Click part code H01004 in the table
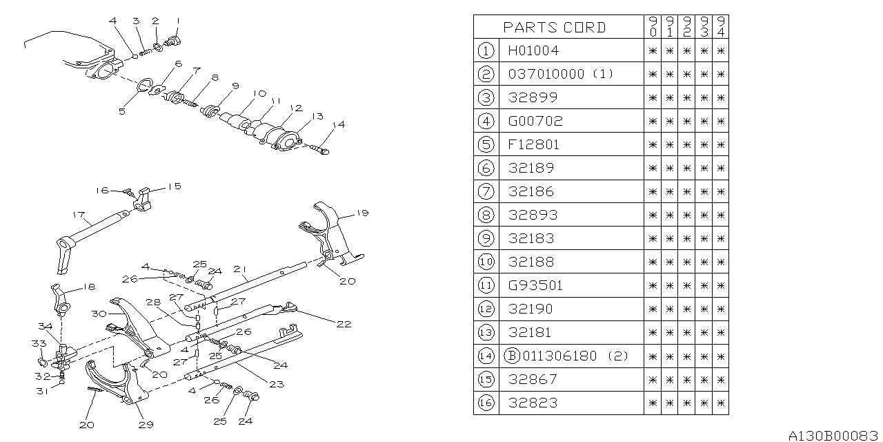tap(533, 50)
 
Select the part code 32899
tap(533, 97)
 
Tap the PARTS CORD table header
tap(555, 28)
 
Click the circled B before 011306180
tap(512, 356)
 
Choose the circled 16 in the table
tap(486, 403)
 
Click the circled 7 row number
tap(486, 191)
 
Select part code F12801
tap(533, 144)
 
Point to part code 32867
tap(532, 379)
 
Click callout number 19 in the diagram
tap(364, 214)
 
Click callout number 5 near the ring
tap(121, 110)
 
